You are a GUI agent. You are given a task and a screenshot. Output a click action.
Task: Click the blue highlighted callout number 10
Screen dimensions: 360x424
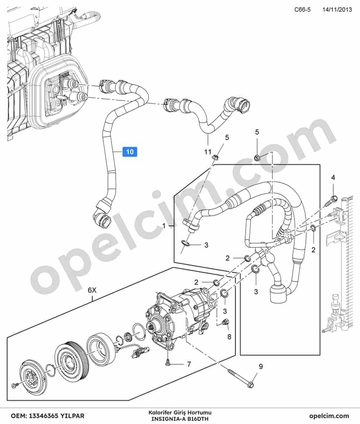(x=130, y=152)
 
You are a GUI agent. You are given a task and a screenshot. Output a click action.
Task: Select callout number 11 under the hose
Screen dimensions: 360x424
(x=208, y=152)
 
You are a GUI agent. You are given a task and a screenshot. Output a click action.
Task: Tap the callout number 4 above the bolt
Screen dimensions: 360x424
(x=333, y=177)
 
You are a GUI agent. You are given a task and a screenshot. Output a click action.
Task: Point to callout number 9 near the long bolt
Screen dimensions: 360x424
(x=260, y=367)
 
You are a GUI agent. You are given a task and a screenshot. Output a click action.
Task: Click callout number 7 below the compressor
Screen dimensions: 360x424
(x=189, y=364)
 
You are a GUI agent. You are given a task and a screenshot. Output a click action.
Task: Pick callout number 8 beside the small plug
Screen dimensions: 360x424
(x=229, y=337)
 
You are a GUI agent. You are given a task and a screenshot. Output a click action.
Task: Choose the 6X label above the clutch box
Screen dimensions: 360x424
(x=92, y=291)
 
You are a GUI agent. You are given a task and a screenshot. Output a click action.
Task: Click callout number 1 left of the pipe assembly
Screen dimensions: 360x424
(x=164, y=225)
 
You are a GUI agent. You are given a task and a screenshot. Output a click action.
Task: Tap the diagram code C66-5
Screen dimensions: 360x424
(x=302, y=10)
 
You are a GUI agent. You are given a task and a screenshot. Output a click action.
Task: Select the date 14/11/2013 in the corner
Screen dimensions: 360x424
(x=337, y=10)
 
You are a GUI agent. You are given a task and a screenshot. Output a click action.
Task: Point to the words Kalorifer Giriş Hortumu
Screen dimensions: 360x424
(x=180, y=413)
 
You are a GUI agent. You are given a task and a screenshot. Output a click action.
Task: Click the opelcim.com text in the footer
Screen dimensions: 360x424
(x=329, y=416)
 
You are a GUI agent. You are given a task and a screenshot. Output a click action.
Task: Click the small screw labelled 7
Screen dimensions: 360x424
(x=168, y=362)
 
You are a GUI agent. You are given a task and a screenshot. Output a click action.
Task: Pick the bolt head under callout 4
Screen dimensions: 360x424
(x=334, y=199)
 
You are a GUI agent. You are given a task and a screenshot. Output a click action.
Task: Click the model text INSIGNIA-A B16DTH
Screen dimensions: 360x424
(x=180, y=419)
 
